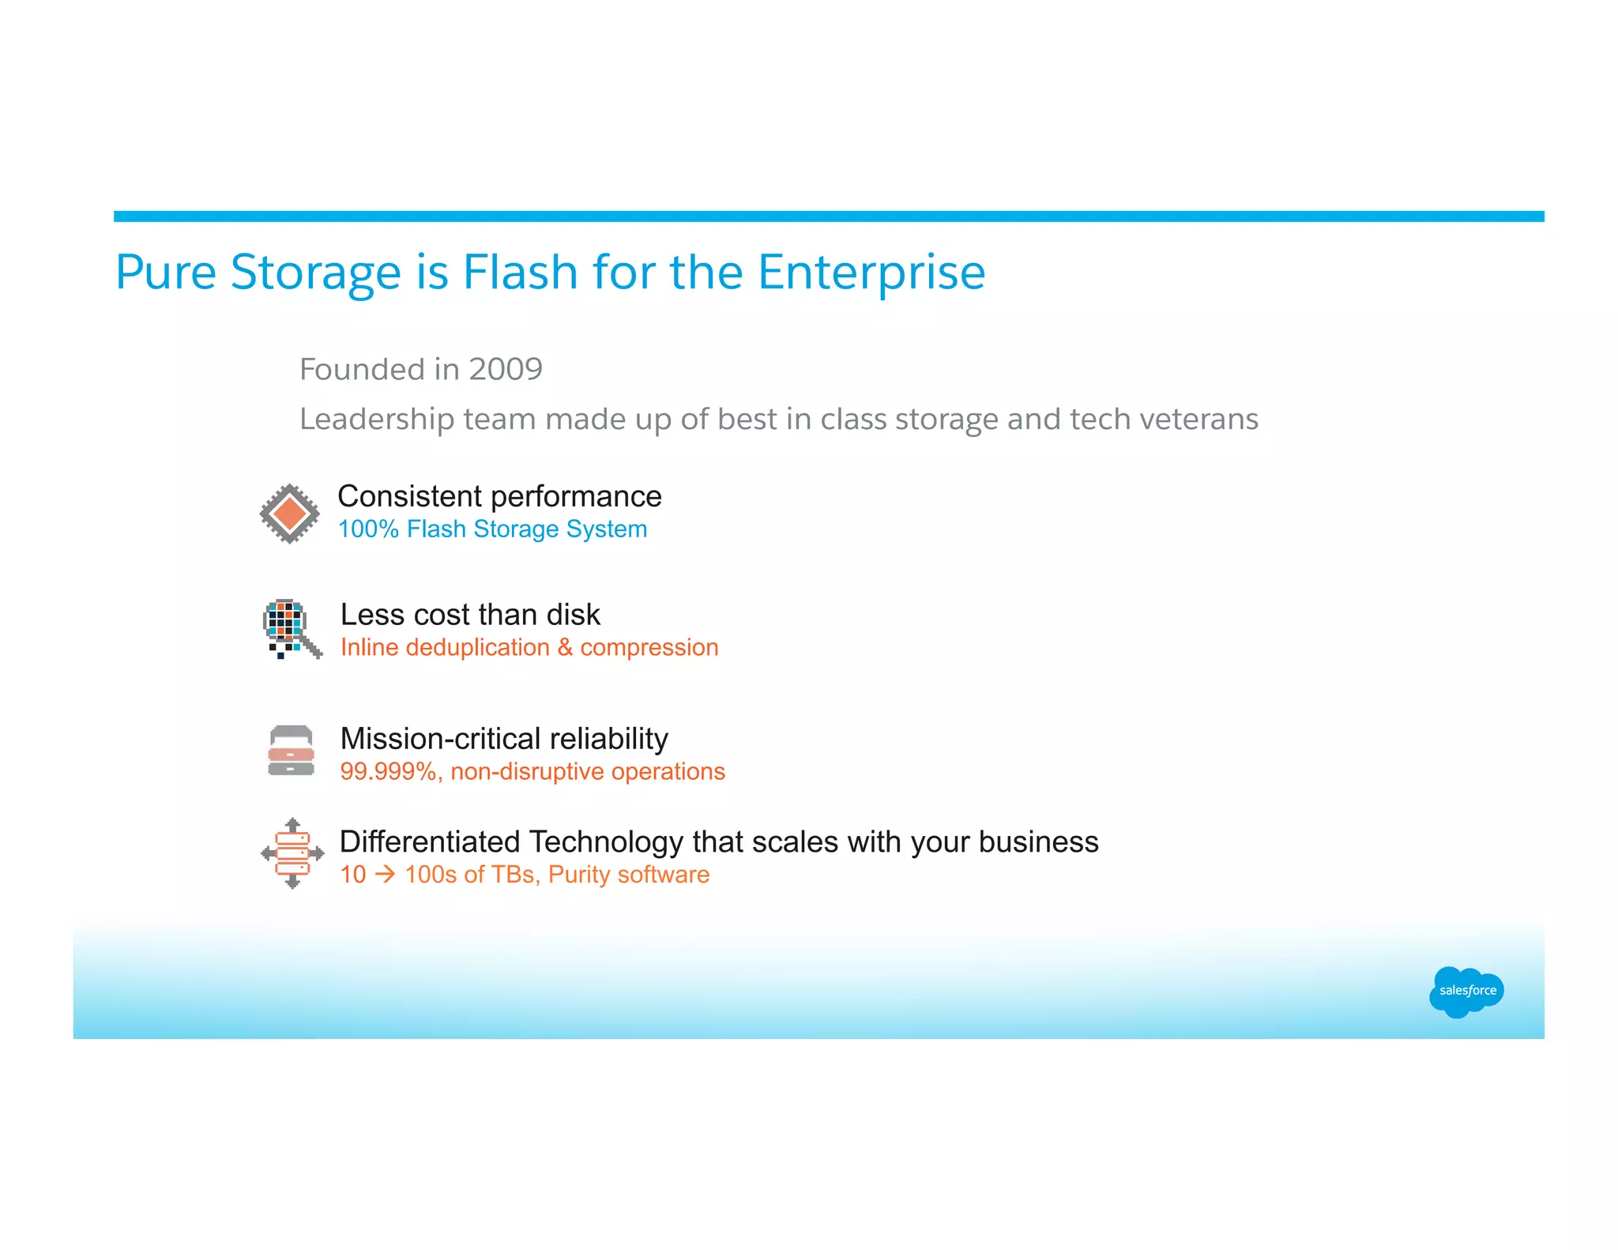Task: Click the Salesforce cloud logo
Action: (x=1466, y=991)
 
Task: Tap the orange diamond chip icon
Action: (x=290, y=514)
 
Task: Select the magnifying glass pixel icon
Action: (x=291, y=628)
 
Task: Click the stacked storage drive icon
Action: (x=291, y=751)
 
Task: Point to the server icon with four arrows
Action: (x=292, y=853)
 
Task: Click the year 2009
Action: (x=506, y=369)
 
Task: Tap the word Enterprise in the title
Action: (x=871, y=272)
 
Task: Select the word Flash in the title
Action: (x=521, y=272)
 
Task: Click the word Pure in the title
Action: (x=166, y=272)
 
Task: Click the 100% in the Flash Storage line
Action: (x=368, y=529)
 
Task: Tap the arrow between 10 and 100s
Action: (x=386, y=875)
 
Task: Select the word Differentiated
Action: (x=430, y=842)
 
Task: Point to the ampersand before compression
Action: (x=565, y=647)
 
